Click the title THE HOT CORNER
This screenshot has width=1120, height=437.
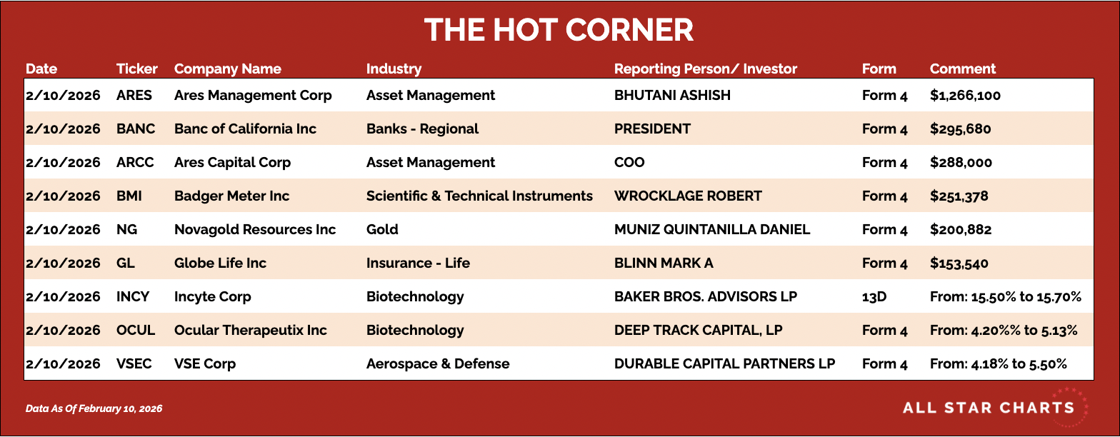[559, 29]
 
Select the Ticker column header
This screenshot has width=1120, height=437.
[136, 69]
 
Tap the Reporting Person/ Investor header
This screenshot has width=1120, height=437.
[706, 69]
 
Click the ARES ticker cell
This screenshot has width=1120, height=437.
[134, 95]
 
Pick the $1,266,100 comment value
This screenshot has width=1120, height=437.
[965, 96]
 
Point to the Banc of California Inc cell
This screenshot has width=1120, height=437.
[245, 129]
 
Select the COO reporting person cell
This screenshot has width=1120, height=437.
[629, 162]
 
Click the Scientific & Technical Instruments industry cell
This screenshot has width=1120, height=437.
[479, 196]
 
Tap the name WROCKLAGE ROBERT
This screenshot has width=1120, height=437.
[687, 196]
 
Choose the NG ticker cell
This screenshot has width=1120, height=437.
[126, 229]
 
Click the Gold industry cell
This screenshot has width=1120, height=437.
[382, 229]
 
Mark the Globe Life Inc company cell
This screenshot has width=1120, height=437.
[220, 263]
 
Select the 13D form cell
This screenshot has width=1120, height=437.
[874, 296]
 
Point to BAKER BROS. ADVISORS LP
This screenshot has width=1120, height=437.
[706, 296]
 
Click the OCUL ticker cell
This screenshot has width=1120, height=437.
[136, 330]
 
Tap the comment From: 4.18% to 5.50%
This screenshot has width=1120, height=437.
[998, 363]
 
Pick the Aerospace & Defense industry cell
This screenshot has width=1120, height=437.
[437, 363]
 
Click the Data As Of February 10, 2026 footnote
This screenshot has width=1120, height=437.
[94, 408]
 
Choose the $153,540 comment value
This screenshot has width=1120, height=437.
[959, 263]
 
